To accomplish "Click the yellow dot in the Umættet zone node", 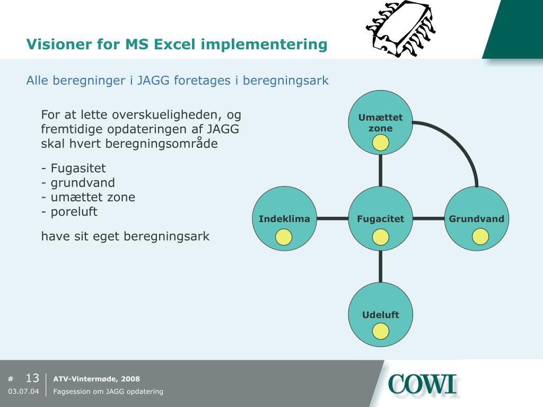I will (x=380, y=143).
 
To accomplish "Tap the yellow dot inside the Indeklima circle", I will (x=284, y=237).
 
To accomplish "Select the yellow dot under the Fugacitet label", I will (x=380, y=237).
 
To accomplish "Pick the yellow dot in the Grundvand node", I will (x=480, y=237).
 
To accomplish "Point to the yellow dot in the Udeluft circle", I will (x=380, y=331).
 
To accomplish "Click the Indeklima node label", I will (x=284, y=219).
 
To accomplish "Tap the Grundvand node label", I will (x=477, y=219).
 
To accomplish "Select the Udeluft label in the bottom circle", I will (x=380, y=315).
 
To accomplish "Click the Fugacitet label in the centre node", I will (x=380, y=219).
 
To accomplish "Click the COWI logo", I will (x=422, y=384).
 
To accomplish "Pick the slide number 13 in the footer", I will (x=32, y=378).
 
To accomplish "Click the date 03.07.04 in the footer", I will (x=23, y=392).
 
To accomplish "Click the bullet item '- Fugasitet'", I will (x=74, y=169).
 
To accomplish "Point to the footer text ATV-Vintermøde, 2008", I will (x=97, y=379).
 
